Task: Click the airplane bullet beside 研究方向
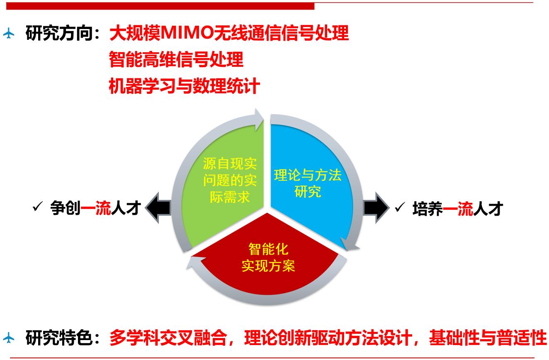point(9,33)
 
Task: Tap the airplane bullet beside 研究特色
point(9,338)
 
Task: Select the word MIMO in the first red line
point(187,33)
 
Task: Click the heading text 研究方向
point(59,33)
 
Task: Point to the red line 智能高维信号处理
point(176,59)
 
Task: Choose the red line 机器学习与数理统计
point(184,86)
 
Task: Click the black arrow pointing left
point(158,208)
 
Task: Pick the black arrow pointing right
point(376,208)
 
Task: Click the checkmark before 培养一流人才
point(400,207)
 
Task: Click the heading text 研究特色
point(59,338)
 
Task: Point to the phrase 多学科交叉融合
point(168,338)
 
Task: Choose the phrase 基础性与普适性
point(488,338)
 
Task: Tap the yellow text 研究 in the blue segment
point(308,192)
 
